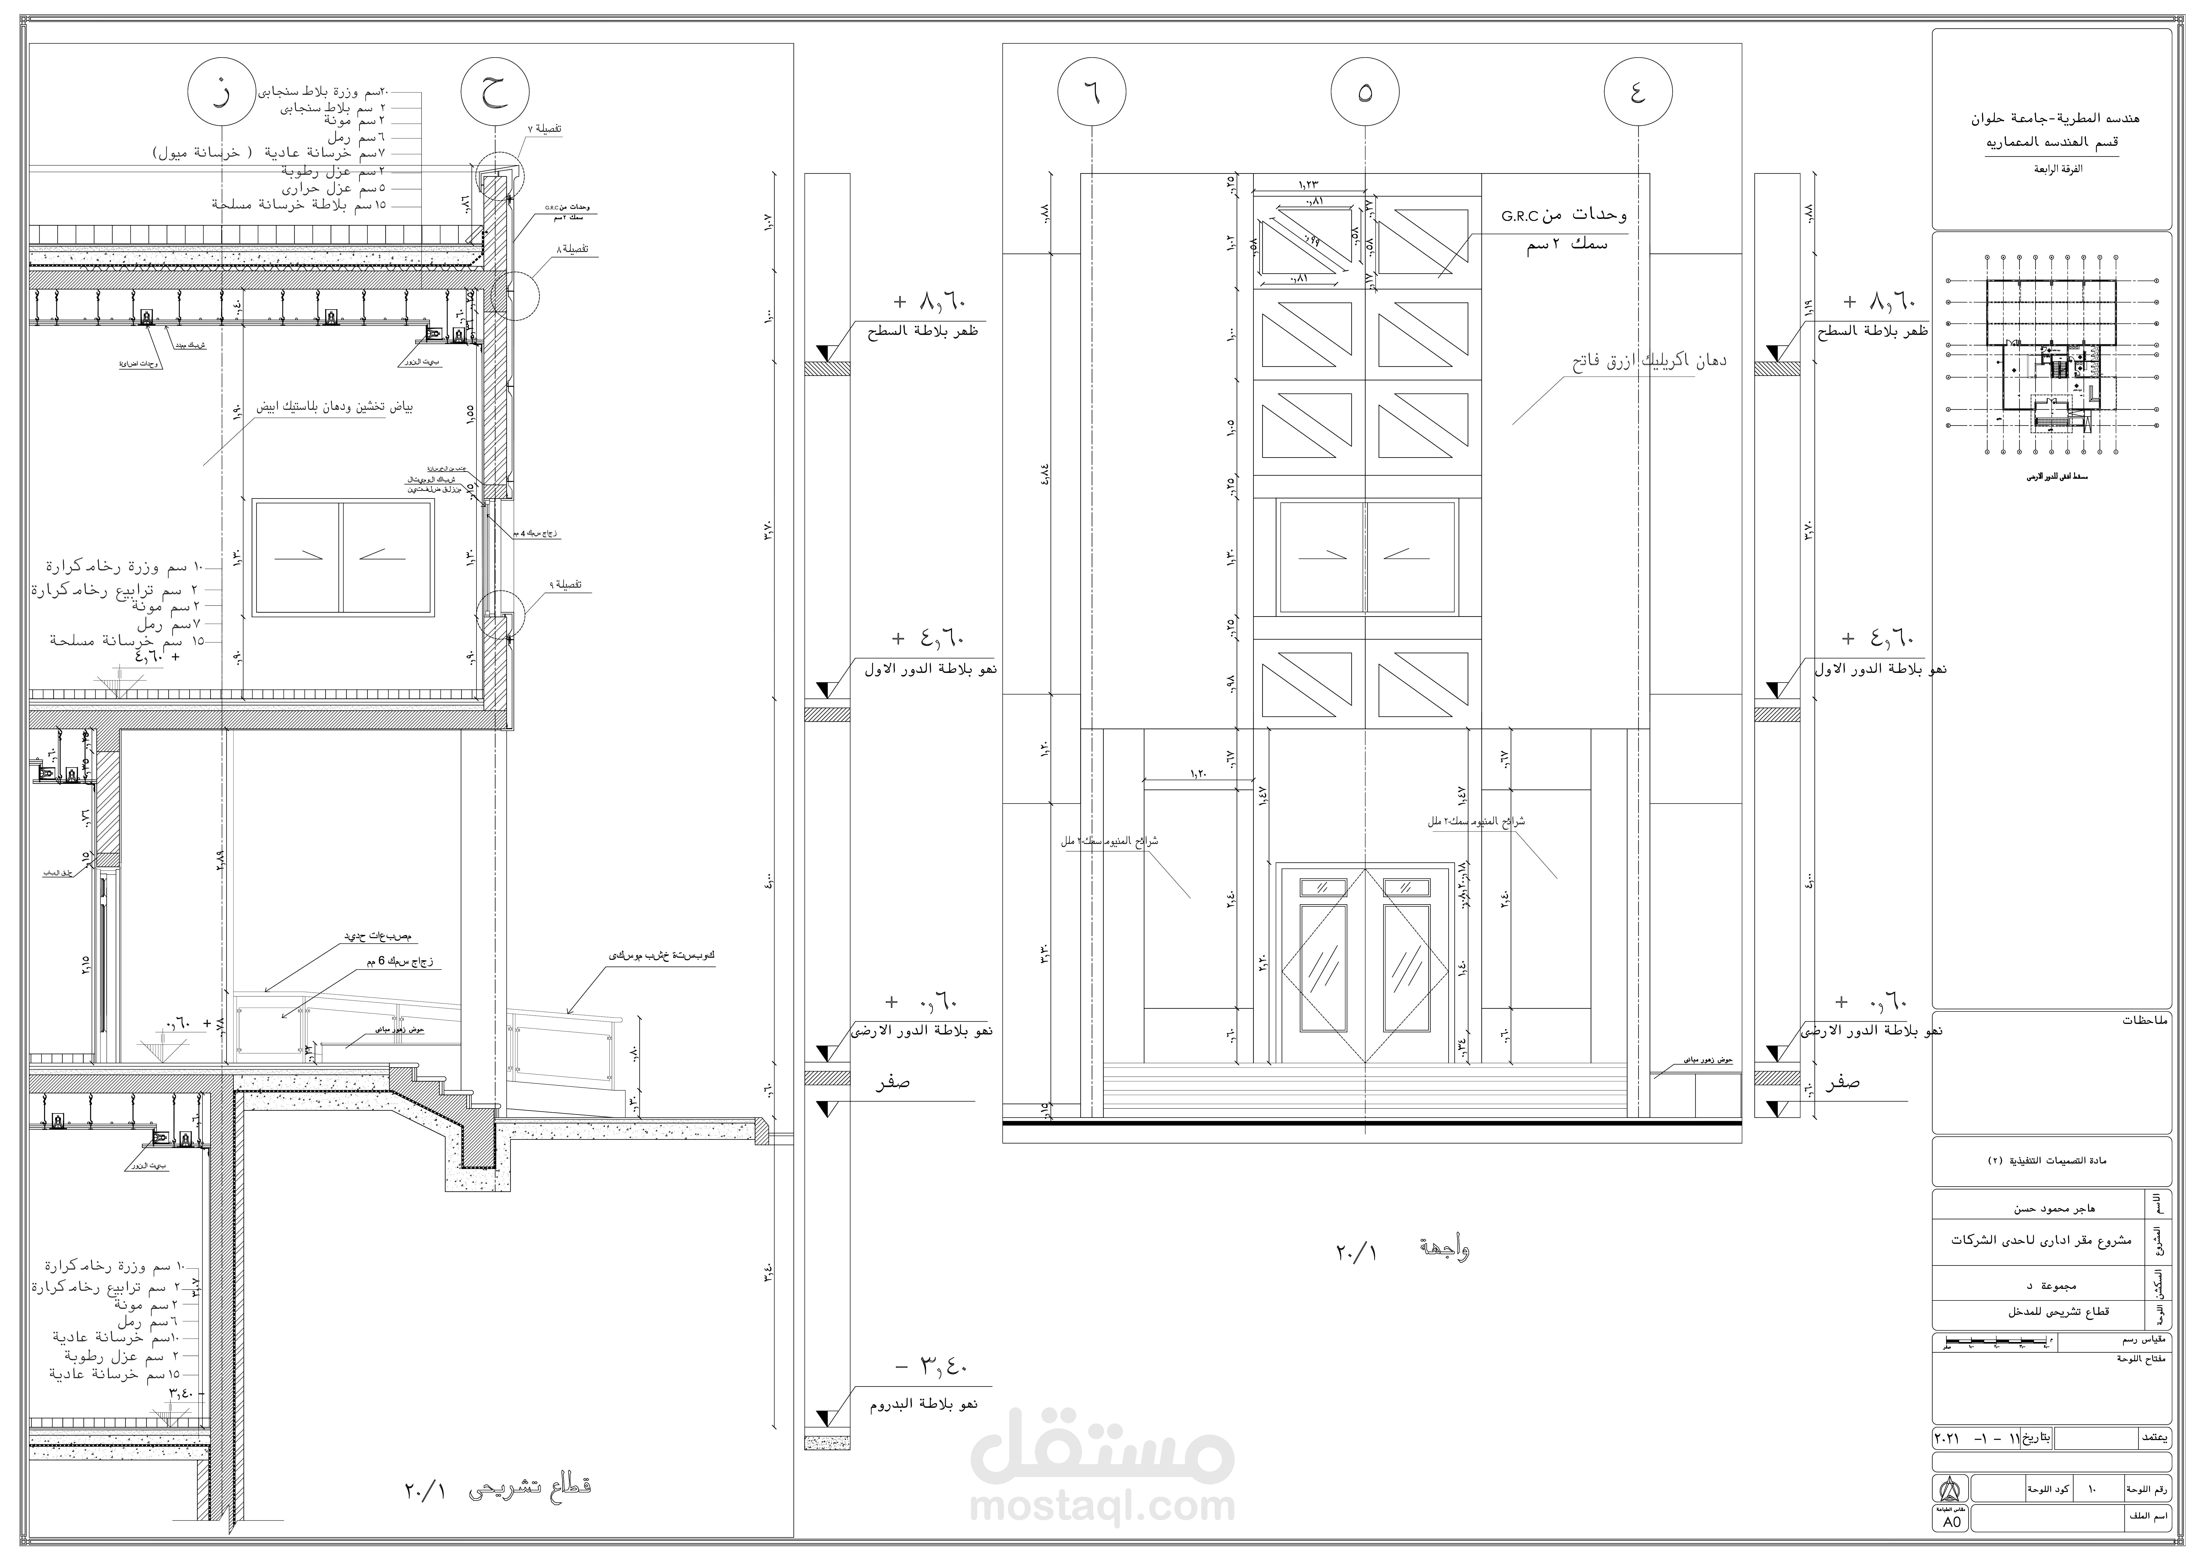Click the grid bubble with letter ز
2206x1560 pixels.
[222, 93]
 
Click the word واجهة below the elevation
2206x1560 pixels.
[1438, 1249]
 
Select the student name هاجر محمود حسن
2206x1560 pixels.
[2055, 1209]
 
